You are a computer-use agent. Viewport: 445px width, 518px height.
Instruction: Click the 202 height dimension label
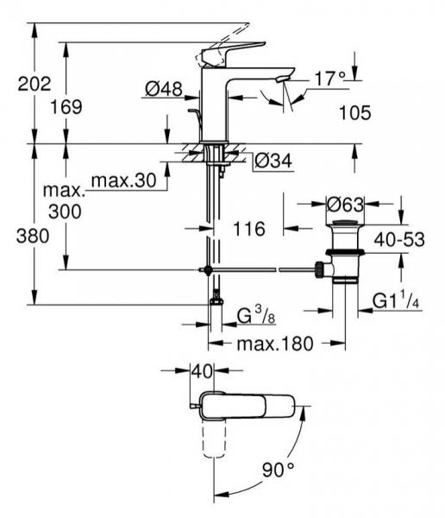click(x=34, y=84)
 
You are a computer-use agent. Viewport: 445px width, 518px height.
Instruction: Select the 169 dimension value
click(x=66, y=107)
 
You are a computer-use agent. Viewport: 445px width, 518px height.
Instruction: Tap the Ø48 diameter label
click(x=164, y=89)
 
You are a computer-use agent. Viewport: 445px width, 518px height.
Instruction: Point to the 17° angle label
click(x=329, y=79)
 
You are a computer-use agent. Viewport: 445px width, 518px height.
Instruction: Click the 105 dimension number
click(x=355, y=113)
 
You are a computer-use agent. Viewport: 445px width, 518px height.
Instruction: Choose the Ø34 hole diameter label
click(x=273, y=161)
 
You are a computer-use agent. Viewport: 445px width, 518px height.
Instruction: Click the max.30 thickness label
click(x=124, y=180)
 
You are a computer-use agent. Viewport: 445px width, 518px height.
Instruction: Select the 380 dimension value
click(x=33, y=237)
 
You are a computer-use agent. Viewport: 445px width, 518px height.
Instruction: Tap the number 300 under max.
click(x=65, y=212)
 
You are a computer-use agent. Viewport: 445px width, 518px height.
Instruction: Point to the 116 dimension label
click(x=249, y=229)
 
